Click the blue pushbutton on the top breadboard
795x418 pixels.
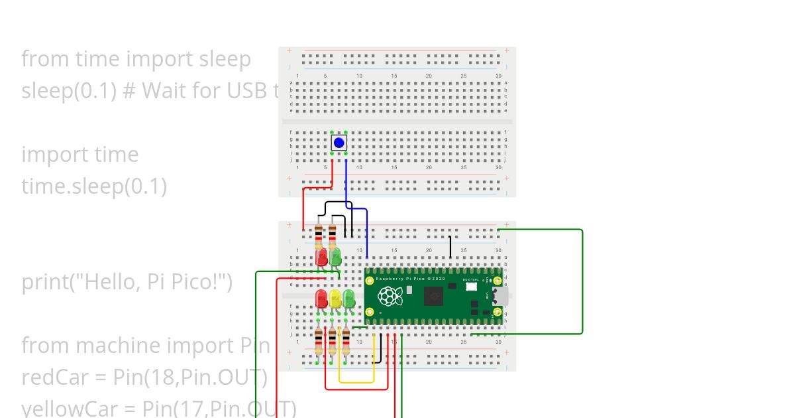click(339, 143)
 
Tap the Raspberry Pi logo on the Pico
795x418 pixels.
click(391, 297)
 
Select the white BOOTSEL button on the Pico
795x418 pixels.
click(472, 286)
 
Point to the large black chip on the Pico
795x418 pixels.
click(434, 297)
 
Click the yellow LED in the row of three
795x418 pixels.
click(335, 298)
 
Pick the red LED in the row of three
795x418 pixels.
click(322, 298)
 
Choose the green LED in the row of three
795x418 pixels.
click(348, 298)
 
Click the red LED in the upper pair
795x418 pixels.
click(322, 257)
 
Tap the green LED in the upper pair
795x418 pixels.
click(335, 257)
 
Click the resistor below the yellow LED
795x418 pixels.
click(332, 340)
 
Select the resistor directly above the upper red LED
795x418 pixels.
click(319, 234)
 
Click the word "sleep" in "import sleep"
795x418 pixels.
click(225, 59)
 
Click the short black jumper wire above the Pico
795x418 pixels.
click(450, 246)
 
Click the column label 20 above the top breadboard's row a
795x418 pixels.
click(429, 76)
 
